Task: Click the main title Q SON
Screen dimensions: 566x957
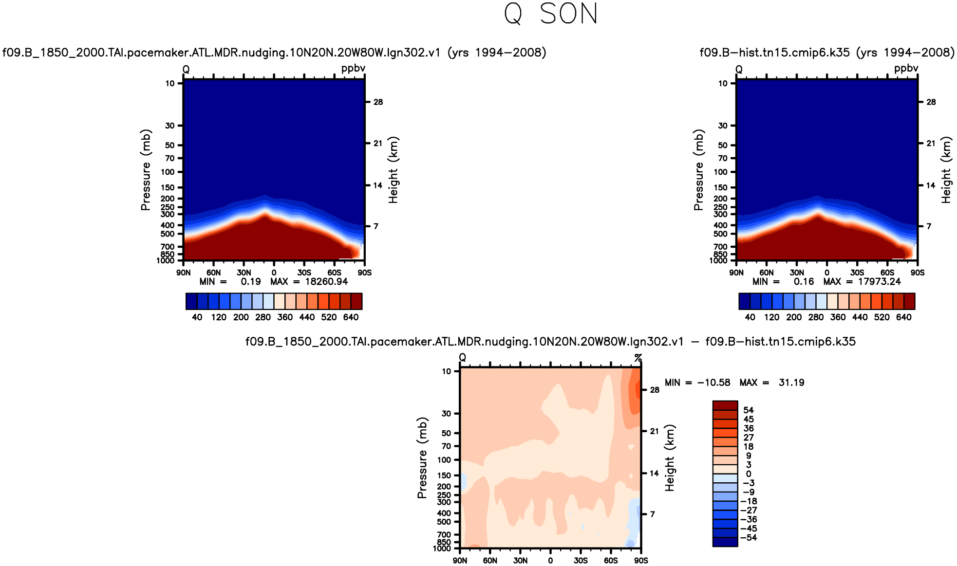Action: pyautogui.click(x=551, y=14)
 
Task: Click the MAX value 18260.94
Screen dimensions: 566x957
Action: pyautogui.click(x=326, y=282)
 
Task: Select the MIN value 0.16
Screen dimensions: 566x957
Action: pyautogui.click(x=804, y=282)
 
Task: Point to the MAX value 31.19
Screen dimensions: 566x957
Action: pyautogui.click(x=791, y=383)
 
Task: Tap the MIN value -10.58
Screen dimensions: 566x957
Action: pyautogui.click(x=714, y=383)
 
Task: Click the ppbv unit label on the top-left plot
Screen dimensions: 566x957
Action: pyautogui.click(x=353, y=68)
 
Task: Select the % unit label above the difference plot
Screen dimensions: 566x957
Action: pyautogui.click(x=638, y=358)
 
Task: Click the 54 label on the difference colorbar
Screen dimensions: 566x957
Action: pyautogui.click(x=749, y=410)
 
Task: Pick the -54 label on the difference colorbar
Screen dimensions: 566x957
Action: pyautogui.click(x=749, y=538)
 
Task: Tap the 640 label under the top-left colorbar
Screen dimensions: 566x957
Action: pyautogui.click(x=351, y=317)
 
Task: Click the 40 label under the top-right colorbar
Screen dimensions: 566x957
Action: pyautogui.click(x=750, y=317)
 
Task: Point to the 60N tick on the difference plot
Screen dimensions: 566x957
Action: pyautogui.click(x=490, y=561)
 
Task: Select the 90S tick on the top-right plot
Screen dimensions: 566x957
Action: pyautogui.click(x=918, y=273)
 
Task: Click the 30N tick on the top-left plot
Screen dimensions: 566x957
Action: pyautogui.click(x=244, y=273)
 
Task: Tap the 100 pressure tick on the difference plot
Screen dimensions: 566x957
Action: pyautogui.click(x=444, y=460)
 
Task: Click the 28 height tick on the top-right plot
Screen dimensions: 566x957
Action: pyautogui.click(x=931, y=102)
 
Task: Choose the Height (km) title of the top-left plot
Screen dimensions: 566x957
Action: pyautogui.click(x=394, y=170)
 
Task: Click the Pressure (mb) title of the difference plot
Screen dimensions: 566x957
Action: pyautogui.click(x=422, y=457)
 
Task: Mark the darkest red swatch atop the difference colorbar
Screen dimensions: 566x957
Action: pyautogui.click(x=725, y=405)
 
